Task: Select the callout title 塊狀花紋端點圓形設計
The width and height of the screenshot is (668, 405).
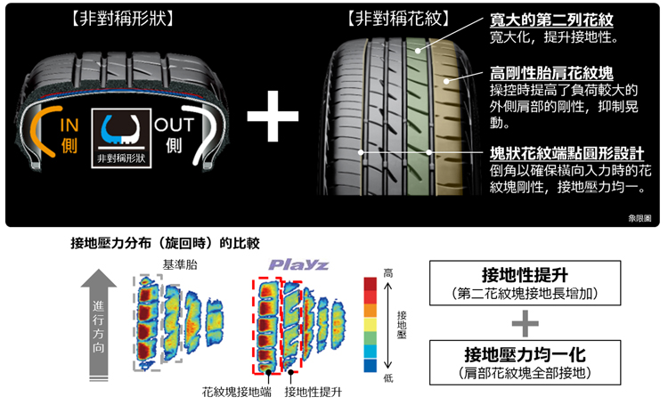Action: (567, 153)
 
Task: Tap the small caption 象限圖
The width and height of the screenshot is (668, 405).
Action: (640, 217)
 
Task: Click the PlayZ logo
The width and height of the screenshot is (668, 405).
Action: (298, 265)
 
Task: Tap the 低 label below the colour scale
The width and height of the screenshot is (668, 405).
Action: (387, 378)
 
